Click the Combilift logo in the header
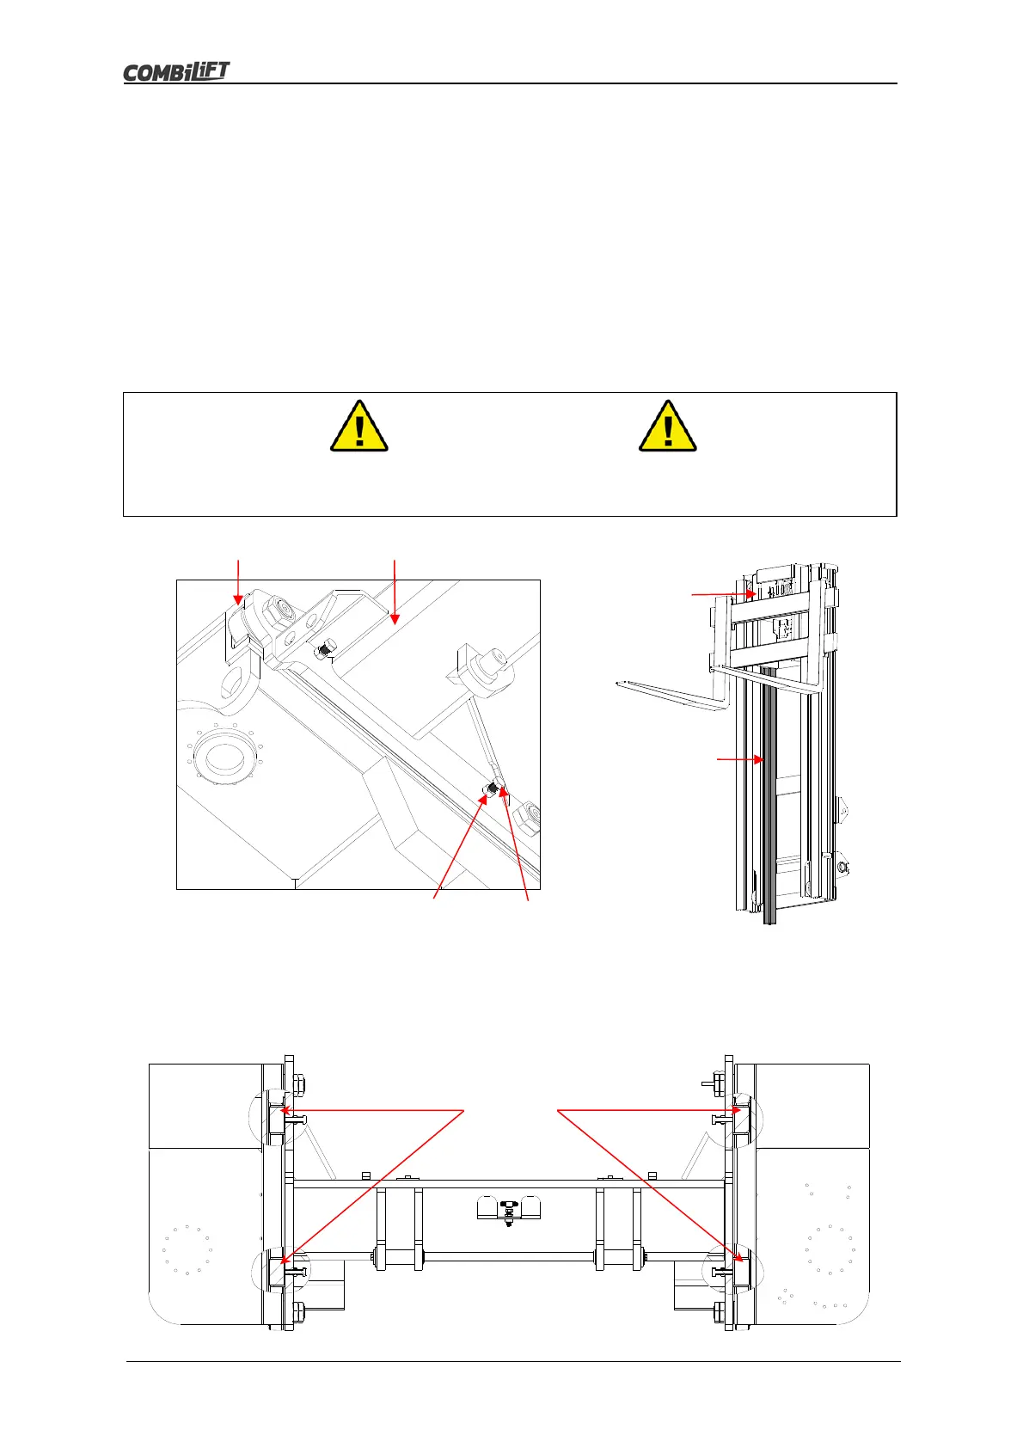pos(176,72)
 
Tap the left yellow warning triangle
pos(358,426)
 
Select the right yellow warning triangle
pos(667,426)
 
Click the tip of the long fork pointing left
pos(620,684)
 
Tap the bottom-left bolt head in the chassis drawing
pos(299,1311)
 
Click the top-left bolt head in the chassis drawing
pos(297,1082)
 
